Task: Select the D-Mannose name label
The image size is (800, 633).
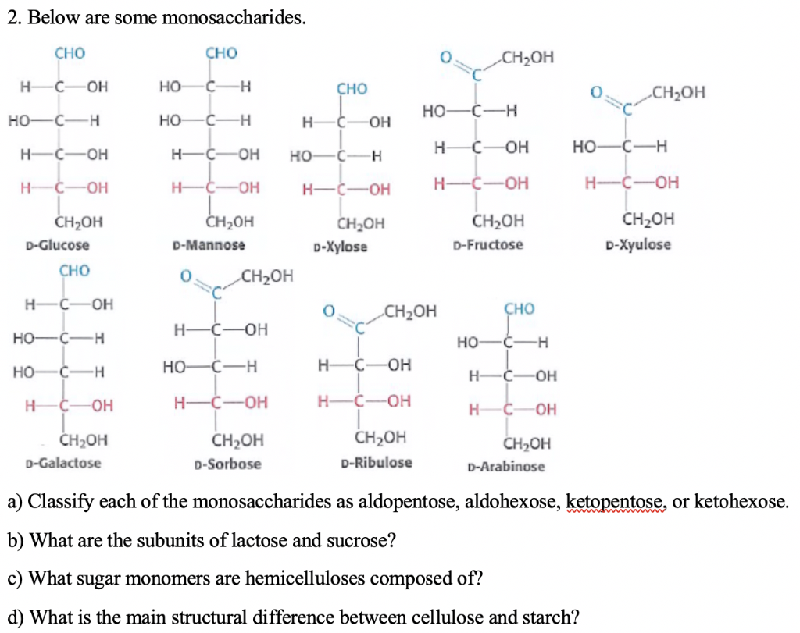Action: click(x=208, y=245)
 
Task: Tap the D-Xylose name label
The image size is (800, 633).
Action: click(x=340, y=247)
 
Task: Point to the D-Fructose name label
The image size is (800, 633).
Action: click(x=488, y=245)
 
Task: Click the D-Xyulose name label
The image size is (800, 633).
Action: click(x=637, y=245)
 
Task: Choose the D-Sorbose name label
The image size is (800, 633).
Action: click(x=227, y=464)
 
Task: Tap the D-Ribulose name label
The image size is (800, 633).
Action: click(x=377, y=462)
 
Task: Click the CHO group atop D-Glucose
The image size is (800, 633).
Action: click(x=70, y=54)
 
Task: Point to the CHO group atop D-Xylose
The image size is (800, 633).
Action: click(x=352, y=89)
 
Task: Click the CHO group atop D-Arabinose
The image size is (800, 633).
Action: click(x=520, y=310)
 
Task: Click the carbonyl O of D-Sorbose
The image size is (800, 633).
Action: click(x=186, y=276)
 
